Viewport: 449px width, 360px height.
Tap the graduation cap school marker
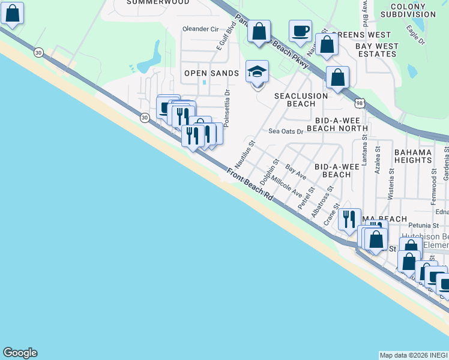tap(257, 72)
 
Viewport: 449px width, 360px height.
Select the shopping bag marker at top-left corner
tap(12, 13)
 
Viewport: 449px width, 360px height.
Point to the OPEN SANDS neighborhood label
tap(211, 73)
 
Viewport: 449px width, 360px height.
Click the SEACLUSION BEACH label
tap(301, 100)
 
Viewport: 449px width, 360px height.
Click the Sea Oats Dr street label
tap(286, 131)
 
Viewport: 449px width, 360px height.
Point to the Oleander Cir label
tap(200, 29)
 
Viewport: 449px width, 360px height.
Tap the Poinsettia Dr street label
tap(226, 109)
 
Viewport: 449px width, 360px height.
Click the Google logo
tap(20, 353)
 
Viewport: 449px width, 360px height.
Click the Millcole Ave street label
tap(287, 186)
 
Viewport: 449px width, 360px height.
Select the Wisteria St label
tap(390, 184)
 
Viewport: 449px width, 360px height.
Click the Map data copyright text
tap(414, 355)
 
